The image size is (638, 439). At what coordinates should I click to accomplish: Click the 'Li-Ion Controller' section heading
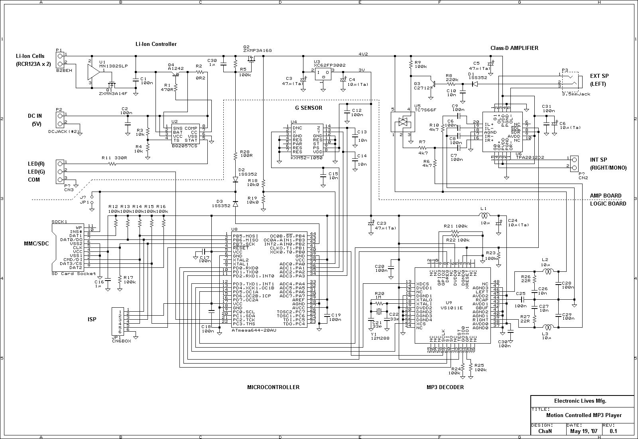pos(156,44)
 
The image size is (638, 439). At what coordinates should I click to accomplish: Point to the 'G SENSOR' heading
pos(309,108)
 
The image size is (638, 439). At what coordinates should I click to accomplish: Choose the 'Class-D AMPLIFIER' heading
pos(514,48)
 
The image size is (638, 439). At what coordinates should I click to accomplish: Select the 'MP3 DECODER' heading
pos(445,387)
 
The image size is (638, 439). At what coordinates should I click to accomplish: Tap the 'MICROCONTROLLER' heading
pos(273,387)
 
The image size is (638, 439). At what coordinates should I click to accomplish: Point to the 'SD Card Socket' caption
pos(74,273)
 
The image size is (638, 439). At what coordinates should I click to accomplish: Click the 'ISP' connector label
pos(92,319)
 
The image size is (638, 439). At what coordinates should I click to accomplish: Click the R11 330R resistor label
pos(114,158)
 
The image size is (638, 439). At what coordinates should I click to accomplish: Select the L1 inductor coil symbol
pos(484,216)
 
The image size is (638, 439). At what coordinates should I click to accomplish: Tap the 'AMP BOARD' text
pos(605,196)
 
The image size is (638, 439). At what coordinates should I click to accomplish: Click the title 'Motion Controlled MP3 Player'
pos(583,415)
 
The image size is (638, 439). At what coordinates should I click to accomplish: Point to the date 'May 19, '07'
pos(584,431)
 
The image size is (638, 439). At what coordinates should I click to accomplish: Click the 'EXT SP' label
pos(599,76)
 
